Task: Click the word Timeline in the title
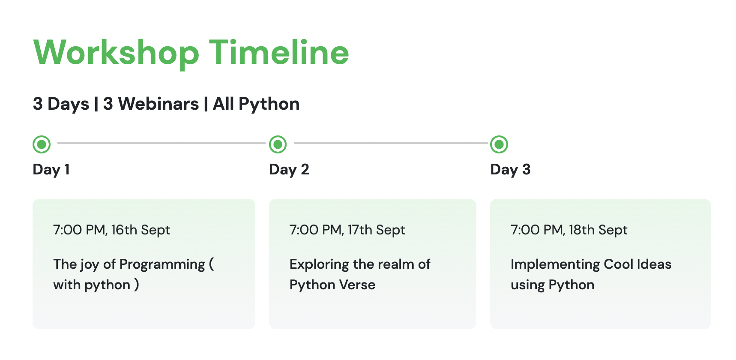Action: (279, 52)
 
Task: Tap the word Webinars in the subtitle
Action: (159, 104)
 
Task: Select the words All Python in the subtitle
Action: (256, 104)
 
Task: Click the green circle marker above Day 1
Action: (42, 144)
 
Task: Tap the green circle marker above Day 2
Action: (278, 144)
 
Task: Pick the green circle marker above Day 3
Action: (499, 144)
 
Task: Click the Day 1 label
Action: (51, 170)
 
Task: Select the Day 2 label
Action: (289, 170)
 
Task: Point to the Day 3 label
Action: (510, 170)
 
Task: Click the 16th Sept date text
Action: (141, 230)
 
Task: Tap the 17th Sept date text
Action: (376, 230)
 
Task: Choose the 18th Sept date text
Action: (598, 230)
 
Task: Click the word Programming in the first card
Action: (162, 265)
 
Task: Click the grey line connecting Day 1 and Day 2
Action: (162, 143)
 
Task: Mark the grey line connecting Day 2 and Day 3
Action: (391, 143)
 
